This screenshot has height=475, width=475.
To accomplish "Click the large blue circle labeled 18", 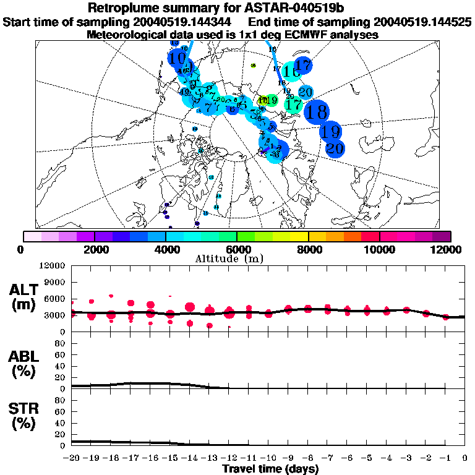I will [317, 112].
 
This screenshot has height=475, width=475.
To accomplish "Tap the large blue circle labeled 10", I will [178, 59].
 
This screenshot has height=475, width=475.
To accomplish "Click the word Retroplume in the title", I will [124, 8].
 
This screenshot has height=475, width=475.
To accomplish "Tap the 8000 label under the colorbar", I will [309, 249].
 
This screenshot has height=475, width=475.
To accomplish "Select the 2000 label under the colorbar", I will [95, 249].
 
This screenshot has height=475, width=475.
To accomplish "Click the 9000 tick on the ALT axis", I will [55, 282].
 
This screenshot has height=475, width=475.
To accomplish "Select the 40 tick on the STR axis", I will [60, 422].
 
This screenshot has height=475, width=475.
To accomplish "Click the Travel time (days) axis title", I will [268, 469].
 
